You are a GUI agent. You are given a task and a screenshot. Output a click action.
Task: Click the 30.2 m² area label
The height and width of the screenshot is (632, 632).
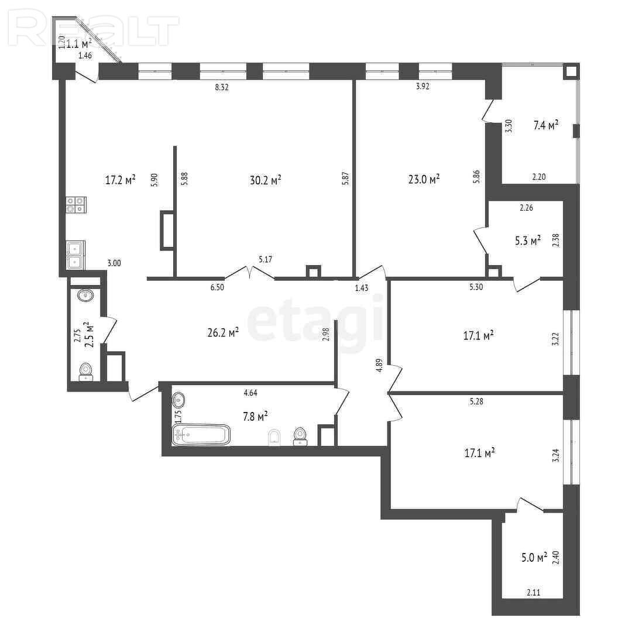[x=265, y=180]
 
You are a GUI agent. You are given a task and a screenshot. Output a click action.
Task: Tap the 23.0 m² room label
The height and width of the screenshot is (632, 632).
[x=424, y=178]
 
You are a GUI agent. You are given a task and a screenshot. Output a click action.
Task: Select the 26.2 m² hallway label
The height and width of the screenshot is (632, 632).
[x=223, y=332]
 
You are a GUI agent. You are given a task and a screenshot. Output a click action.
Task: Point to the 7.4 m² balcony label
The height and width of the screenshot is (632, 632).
[x=546, y=125]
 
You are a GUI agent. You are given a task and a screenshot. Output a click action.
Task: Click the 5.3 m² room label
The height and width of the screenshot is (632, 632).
[x=528, y=241]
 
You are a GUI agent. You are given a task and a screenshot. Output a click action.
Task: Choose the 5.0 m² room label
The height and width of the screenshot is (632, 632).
[x=534, y=558]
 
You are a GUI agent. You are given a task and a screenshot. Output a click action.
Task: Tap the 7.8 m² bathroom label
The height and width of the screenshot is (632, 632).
[x=255, y=416]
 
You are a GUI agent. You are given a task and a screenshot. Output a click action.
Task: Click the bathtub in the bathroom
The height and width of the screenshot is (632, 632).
[x=201, y=434]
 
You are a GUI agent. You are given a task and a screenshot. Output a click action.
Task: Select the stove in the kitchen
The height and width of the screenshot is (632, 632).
[x=75, y=204]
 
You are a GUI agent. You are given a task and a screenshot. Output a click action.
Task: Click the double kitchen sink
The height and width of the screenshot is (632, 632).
[x=75, y=255]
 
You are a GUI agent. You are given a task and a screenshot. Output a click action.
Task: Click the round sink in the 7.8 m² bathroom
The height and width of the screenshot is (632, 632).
[x=178, y=400]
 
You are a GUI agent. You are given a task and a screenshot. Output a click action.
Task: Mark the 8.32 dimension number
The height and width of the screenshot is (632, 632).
[x=222, y=87]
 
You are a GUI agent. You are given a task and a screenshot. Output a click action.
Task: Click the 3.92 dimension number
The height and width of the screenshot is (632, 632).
[x=423, y=86]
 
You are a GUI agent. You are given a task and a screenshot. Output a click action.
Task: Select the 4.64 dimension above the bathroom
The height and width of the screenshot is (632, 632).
[x=250, y=393]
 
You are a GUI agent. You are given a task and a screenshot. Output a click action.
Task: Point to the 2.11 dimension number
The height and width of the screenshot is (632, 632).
[x=533, y=592]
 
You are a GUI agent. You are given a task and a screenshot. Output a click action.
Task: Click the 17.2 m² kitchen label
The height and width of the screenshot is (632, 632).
[x=120, y=180]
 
